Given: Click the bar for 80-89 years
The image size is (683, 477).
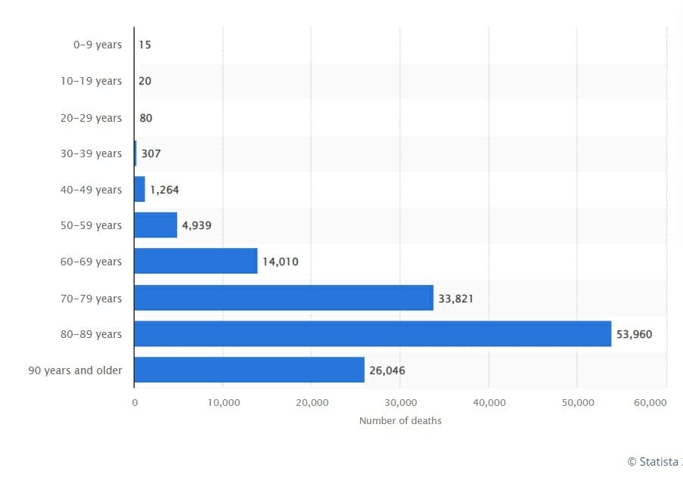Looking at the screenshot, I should coord(372,333).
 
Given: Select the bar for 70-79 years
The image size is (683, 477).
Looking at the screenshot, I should coord(284,298).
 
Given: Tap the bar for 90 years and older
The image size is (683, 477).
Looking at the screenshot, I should coord(249,370).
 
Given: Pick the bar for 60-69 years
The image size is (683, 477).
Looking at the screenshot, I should coord(195,262).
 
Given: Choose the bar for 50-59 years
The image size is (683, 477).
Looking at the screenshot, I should coord(155,225).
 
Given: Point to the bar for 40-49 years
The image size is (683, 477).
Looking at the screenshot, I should coord(139,189).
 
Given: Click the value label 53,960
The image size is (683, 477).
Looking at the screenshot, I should coord(634,334).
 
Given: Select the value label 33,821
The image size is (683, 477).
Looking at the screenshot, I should coord(456,299).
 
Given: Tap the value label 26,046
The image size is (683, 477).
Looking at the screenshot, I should coord(387,370).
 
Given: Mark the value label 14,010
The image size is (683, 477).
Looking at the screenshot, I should coord(280,262).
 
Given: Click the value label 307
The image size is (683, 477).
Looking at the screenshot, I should coord(151,153).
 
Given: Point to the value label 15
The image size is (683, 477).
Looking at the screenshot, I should coord(144,45).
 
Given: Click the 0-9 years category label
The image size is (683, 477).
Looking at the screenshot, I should coord(97,45).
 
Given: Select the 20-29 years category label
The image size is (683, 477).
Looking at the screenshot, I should coord(91,118).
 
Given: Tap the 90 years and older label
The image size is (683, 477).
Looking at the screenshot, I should coord(75,370).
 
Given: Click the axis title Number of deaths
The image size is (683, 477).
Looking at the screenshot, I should coord(400,420).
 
